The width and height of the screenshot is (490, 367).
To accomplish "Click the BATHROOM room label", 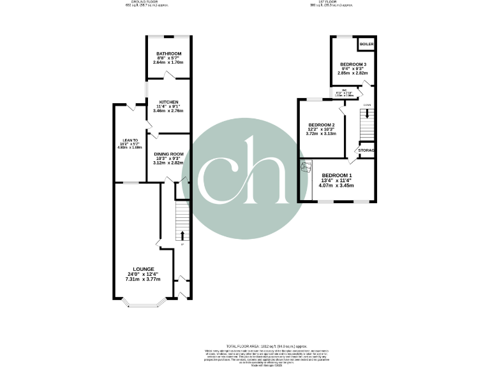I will click(168, 54).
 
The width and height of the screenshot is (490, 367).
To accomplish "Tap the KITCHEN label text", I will click(168, 101).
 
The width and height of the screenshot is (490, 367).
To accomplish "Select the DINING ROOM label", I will click(168, 154).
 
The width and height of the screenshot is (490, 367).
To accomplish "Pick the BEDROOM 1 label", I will click(336, 175).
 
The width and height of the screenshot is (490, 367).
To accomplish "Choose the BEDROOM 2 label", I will click(321, 125).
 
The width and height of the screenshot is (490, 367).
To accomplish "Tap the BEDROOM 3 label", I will click(353, 65).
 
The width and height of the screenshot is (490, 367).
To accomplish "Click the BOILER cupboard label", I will click(366, 44).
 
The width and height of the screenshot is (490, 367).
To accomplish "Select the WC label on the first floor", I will click(343, 90).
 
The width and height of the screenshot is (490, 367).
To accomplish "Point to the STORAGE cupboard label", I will click(367, 150).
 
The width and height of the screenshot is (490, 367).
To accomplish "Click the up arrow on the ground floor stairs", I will click(182, 235).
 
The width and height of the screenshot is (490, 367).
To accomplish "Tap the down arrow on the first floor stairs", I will click(367, 115).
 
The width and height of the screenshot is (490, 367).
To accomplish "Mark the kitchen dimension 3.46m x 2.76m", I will click(168, 111).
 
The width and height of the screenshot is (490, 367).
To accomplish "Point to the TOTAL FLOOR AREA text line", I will click(244, 345).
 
